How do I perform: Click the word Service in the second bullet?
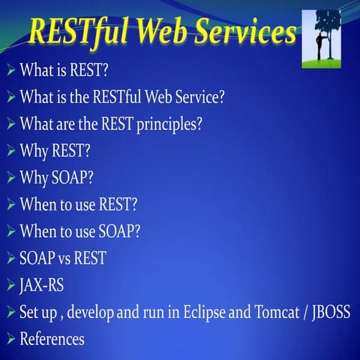click(x=211, y=97)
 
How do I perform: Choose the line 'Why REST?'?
click(x=55, y=150)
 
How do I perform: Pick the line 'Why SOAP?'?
click(x=55, y=176)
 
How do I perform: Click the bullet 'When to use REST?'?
click(x=79, y=203)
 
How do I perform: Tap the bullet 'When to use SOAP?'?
click(x=79, y=230)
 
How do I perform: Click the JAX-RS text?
click(x=42, y=285)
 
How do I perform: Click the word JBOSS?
click(x=330, y=311)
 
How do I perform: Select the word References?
click(x=52, y=338)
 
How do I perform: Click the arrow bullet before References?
click(x=10, y=339)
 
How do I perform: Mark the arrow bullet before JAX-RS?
click(x=10, y=286)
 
